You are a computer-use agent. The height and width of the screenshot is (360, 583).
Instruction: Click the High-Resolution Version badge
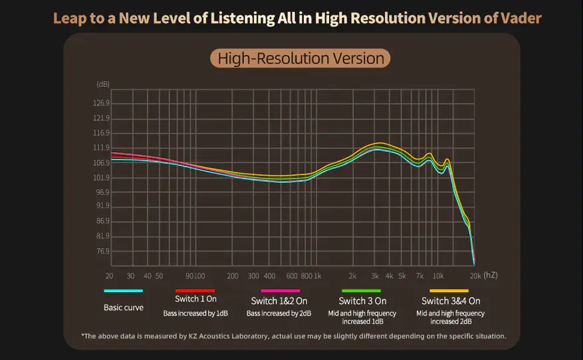point(300,58)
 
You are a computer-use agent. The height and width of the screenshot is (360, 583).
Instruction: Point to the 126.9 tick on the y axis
point(102,104)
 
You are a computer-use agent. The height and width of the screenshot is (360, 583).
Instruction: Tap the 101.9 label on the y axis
point(102,177)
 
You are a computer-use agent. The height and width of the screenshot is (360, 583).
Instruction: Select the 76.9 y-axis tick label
point(102,251)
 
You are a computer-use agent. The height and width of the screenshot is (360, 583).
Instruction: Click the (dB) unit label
point(103,84)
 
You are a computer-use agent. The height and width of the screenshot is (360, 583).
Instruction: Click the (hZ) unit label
point(490,275)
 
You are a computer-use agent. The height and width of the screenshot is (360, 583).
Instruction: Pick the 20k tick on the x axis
point(474,276)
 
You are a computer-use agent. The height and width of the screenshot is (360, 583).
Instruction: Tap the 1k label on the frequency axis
point(317,276)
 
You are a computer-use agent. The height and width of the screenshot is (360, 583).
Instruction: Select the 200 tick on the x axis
point(233,276)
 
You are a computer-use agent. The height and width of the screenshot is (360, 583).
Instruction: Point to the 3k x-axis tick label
point(375,276)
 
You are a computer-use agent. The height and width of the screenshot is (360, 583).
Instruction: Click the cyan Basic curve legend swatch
point(124,291)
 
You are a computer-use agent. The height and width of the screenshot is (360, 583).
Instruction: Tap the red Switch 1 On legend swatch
point(195,291)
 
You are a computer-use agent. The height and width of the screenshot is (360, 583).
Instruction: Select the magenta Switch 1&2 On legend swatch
point(280,291)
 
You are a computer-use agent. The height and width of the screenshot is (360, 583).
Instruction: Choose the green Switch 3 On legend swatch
point(361,291)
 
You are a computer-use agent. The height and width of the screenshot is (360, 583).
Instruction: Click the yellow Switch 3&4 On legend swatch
point(449,291)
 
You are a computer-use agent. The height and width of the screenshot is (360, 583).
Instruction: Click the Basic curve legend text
point(124,308)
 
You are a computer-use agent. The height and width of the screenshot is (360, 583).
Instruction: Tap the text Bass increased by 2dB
point(279,313)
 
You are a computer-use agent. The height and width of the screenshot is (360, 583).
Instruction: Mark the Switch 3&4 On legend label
point(451,301)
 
